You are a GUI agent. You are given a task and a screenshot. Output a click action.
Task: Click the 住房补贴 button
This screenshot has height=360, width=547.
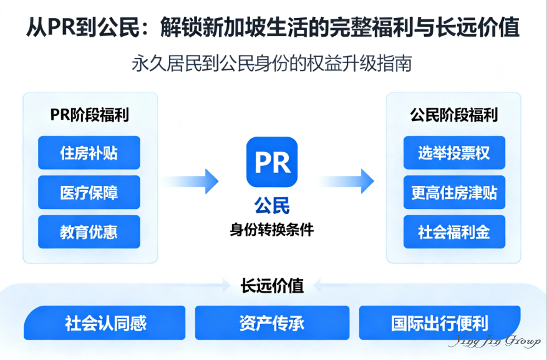tap(89, 153)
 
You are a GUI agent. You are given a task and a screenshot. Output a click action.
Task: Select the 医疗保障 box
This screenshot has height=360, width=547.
tap(89, 192)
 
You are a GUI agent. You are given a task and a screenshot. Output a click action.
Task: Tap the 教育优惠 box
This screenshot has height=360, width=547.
tap(89, 232)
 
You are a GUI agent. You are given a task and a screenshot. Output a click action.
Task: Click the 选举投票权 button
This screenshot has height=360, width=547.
tap(453, 153)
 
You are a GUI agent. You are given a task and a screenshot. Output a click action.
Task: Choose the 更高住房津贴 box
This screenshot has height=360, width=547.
tap(453, 192)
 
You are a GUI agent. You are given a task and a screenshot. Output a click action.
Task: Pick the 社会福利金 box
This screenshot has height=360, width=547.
tap(453, 232)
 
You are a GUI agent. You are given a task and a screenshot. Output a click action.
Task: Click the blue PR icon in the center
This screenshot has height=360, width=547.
tap(272, 162)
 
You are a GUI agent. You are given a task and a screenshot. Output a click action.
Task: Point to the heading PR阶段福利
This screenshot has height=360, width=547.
tap(89, 115)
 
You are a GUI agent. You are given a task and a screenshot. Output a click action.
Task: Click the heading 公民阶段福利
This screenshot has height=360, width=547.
tap(453, 115)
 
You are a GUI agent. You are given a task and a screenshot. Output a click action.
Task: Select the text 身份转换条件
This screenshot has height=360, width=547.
tap(272, 229)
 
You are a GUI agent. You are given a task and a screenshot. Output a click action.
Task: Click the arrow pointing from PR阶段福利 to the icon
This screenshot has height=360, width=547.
tap(191, 181)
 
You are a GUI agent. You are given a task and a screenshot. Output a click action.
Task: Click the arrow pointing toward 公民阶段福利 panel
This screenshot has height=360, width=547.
tap(346, 181)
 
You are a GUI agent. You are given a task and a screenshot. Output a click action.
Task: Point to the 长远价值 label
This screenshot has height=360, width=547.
tap(272, 286)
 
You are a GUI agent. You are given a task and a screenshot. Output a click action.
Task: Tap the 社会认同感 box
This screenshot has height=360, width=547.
tap(105, 323)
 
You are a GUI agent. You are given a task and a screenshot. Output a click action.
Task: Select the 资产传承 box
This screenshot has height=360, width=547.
tap(272, 323)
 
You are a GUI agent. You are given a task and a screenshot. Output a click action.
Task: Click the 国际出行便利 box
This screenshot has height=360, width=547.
tap(440, 323)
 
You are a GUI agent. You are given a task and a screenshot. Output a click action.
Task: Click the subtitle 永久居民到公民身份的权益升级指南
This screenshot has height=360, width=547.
tap(272, 64)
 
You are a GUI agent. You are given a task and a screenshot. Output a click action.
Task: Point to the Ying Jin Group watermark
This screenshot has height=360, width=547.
tap(494, 342)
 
